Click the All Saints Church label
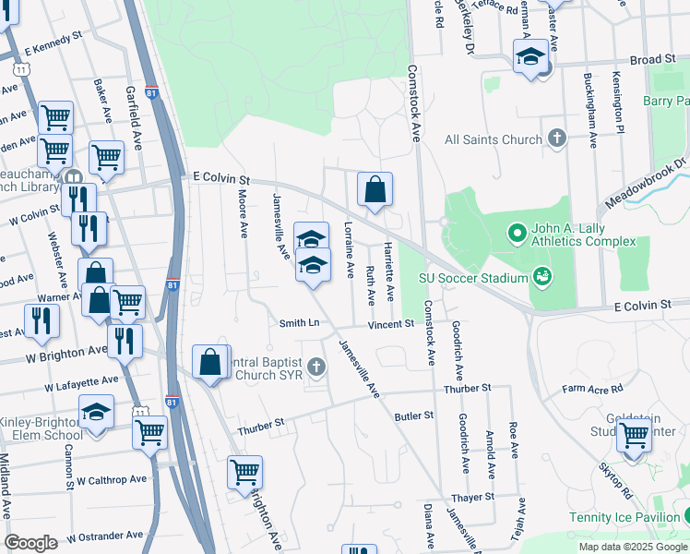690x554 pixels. point(493,139)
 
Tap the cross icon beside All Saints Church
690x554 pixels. point(556,139)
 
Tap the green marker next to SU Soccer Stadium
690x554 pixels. point(541,276)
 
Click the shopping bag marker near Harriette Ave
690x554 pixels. point(375,190)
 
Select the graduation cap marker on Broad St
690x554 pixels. point(531,57)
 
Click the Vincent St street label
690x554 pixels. point(391,324)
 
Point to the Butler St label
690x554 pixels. point(413,416)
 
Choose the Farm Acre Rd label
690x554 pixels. point(593,389)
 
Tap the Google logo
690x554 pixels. point(30,543)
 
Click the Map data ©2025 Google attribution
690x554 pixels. point(633,547)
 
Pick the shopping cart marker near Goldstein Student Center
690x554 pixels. point(634,435)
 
